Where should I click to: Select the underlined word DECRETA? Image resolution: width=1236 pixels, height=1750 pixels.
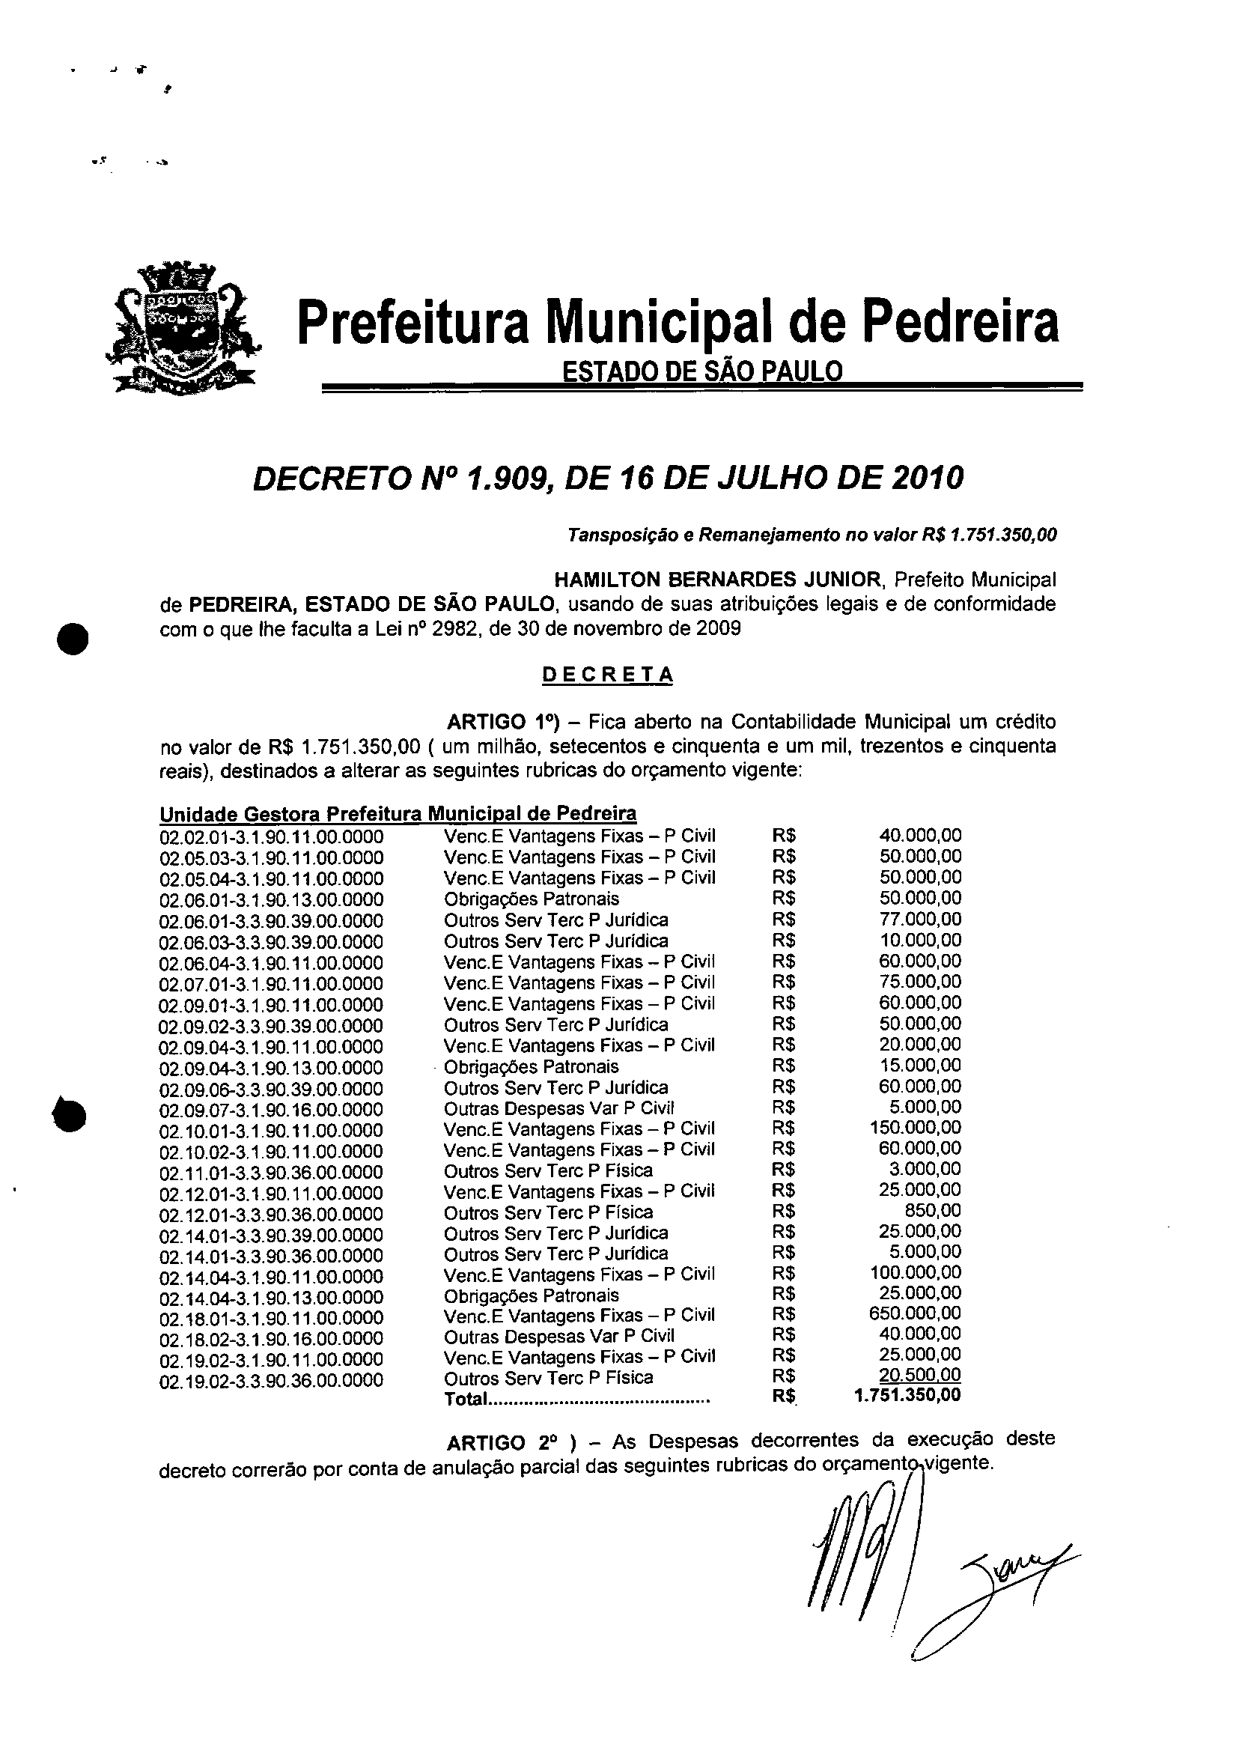pyautogui.click(x=607, y=675)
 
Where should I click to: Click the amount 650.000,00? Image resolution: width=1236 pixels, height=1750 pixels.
pyautogui.click(x=914, y=1313)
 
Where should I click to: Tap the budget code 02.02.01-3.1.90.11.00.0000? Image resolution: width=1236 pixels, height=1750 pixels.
pyautogui.click(x=271, y=836)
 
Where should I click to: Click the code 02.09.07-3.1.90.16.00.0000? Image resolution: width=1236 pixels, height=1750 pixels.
pyautogui.click(x=271, y=1110)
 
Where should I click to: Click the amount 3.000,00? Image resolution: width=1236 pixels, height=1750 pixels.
pyautogui.click(x=925, y=1169)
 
